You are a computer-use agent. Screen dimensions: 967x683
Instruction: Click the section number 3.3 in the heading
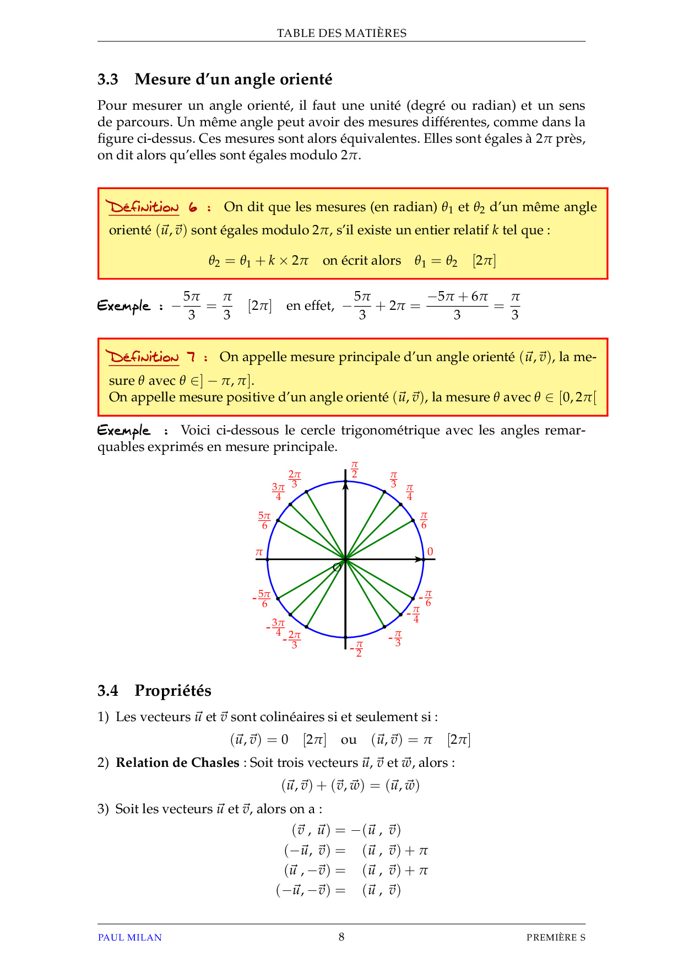(x=108, y=79)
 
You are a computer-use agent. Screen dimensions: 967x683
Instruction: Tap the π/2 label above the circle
(x=354, y=470)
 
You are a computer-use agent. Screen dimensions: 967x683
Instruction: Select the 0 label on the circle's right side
(x=430, y=551)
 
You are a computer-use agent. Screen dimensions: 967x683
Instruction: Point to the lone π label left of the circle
(x=259, y=552)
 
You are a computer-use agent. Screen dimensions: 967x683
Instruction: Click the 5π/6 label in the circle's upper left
(x=264, y=520)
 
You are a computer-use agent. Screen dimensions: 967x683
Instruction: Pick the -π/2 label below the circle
(x=357, y=648)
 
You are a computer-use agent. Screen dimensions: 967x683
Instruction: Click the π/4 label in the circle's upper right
(x=409, y=492)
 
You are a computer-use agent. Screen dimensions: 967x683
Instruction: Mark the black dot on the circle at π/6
(x=413, y=520)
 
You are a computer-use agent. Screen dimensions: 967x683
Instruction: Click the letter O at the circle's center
(x=337, y=567)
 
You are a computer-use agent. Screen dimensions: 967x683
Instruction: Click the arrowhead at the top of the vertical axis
(x=345, y=485)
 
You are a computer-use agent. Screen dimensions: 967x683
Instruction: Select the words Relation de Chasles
(x=177, y=762)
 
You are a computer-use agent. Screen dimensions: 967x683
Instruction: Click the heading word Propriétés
(x=172, y=690)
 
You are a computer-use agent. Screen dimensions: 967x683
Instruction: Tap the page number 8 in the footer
(x=341, y=937)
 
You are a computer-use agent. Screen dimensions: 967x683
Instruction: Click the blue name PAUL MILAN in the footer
(x=129, y=937)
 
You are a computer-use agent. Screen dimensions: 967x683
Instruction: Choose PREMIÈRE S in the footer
(x=555, y=937)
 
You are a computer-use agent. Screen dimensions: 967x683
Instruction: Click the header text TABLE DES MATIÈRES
(x=341, y=33)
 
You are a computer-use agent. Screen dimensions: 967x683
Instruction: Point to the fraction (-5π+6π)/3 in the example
(x=457, y=305)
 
